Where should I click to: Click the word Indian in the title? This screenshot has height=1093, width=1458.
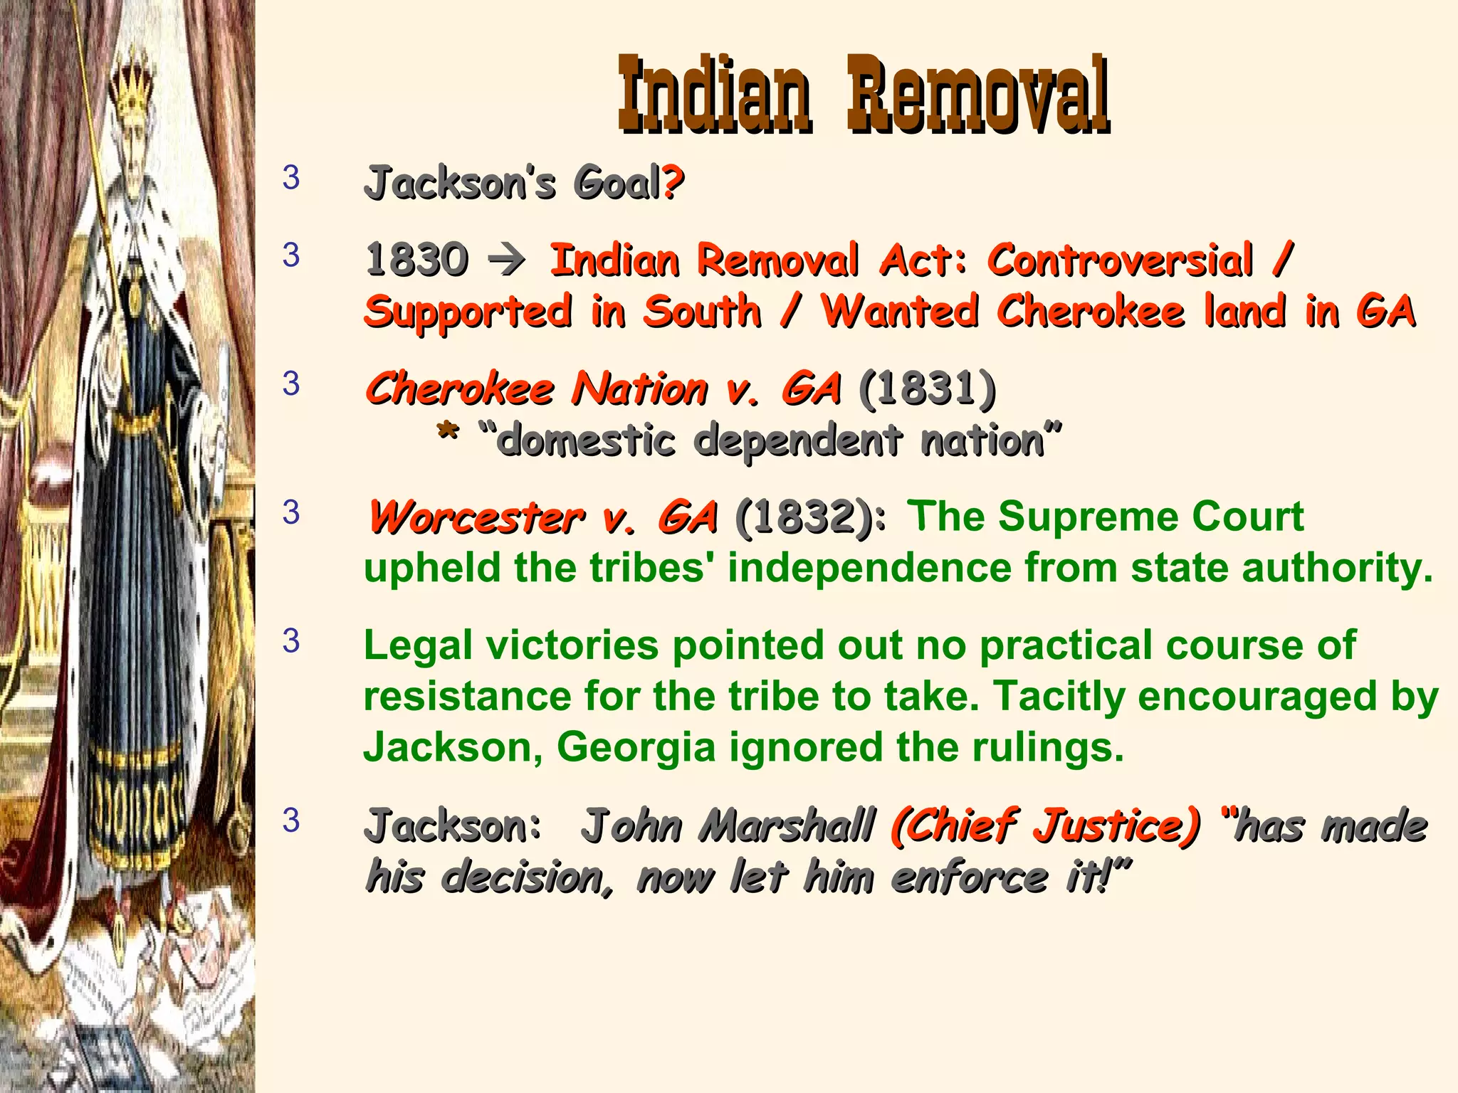714,95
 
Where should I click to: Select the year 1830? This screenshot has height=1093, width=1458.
416,259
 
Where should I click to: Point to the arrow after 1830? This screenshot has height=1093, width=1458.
508,260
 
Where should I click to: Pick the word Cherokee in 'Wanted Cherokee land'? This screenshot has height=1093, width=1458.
1091,312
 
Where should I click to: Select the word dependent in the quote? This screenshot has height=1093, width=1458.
798,440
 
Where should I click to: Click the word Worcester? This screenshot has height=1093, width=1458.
476,517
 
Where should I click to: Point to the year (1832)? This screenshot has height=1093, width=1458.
804,517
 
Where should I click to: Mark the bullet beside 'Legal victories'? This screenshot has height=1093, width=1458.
291,641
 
